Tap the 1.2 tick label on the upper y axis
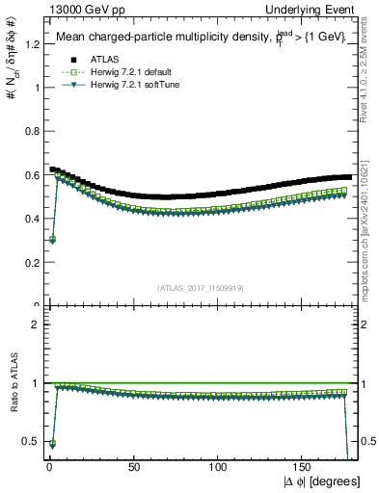[32, 44]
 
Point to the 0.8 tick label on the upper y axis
[32, 131]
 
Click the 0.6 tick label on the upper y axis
[32, 174]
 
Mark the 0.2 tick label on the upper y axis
[32, 262]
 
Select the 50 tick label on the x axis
[133, 467]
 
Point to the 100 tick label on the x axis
[218, 467]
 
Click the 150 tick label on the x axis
[304, 467]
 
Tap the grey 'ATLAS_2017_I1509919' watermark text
[199, 288]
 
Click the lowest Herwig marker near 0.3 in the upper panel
[50, 240]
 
